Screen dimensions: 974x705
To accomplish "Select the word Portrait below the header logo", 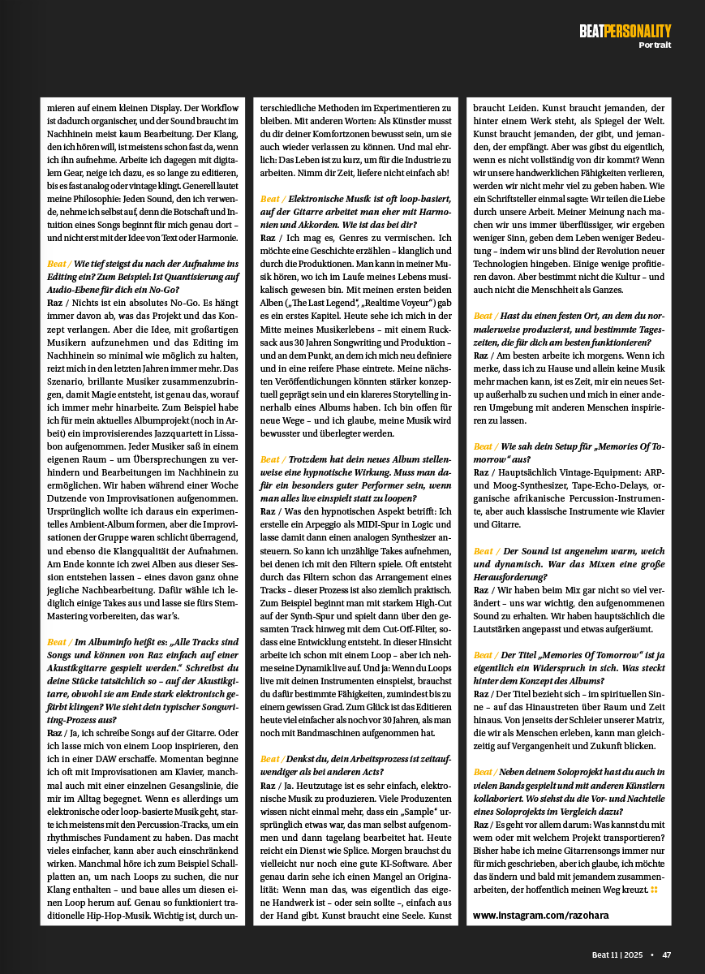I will (x=655, y=45).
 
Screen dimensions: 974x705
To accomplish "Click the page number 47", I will (x=666, y=955).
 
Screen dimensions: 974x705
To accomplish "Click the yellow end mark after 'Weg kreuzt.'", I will (x=654, y=890).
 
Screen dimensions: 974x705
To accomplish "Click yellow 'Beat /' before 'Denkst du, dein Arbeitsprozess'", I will (x=272, y=758).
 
